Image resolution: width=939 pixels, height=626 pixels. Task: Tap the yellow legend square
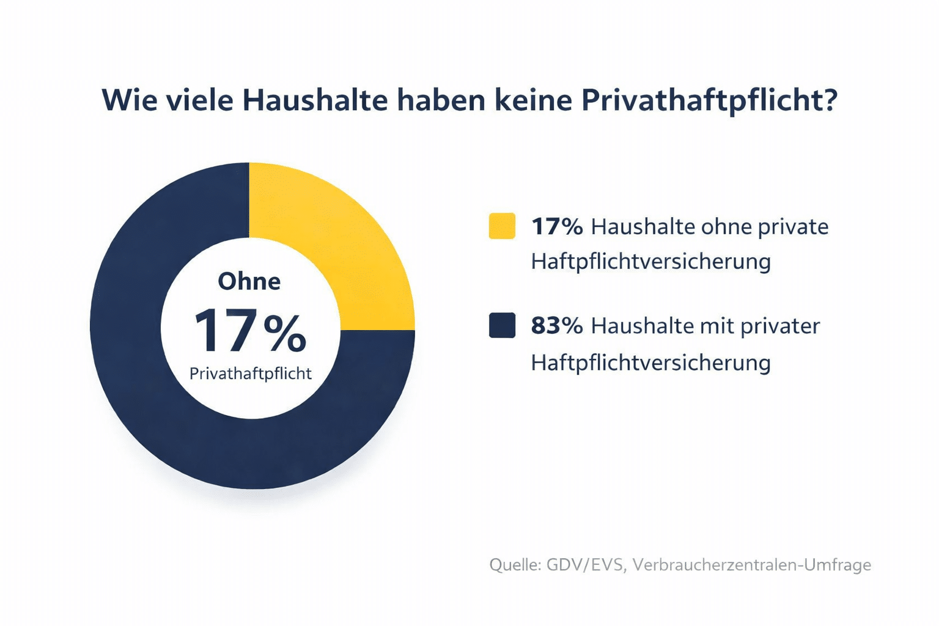pyautogui.click(x=502, y=226)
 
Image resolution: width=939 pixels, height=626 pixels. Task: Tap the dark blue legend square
pyautogui.click(x=502, y=325)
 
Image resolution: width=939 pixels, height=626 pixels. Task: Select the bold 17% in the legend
pyautogui.click(x=556, y=227)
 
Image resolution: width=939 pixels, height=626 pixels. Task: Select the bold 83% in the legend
pyautogui.click(x=556, y=326)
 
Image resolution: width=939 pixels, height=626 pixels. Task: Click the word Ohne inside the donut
pyautogui.click(x=249, y=281)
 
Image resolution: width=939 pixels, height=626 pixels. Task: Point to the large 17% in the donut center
pyautogui.click(x=249, y=331)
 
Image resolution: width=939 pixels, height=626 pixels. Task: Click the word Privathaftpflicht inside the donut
pyautogui.click(x=251, y=374)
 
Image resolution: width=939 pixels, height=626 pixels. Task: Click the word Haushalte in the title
pyautogui.click(x=315, y=100)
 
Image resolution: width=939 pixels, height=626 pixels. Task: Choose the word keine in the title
pyautogui.click(x=532, y=100)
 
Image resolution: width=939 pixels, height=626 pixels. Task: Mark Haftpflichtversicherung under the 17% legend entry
pyautogui.click(x=650, y=262)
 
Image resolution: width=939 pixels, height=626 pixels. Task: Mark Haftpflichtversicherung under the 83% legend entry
pyautogui.click(x=650, y=363)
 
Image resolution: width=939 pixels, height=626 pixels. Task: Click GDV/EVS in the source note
pyautogui.click(x=586, y=564)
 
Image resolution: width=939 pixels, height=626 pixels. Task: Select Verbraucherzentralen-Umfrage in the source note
pyautogui.click(x=751, y=564)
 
